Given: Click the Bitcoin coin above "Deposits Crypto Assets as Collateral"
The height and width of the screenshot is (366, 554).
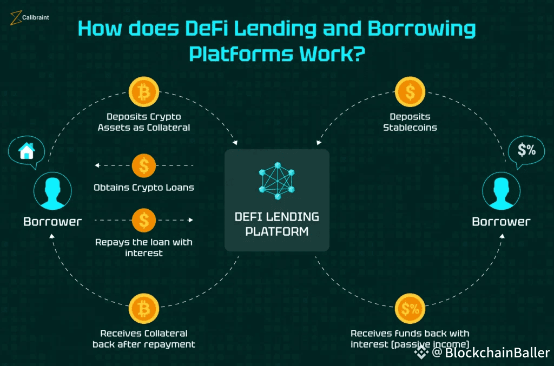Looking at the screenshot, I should (144, 93).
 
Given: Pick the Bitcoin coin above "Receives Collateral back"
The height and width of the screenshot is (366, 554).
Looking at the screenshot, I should (144, 309).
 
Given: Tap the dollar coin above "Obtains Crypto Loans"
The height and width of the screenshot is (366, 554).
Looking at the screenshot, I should (144, 165).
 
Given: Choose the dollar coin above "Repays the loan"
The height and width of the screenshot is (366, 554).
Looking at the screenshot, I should (144, 220).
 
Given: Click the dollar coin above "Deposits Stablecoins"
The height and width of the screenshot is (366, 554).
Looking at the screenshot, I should (410, 93).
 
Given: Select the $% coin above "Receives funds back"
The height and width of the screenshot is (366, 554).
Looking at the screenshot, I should (410, 309).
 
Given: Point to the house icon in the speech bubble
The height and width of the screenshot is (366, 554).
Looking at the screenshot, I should (26, 152).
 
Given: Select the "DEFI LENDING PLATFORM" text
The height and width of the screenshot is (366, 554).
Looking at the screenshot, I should (276, 224).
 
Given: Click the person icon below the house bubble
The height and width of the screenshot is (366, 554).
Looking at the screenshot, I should (52, 192).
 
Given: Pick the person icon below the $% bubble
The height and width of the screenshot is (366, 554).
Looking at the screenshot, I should (501, 192).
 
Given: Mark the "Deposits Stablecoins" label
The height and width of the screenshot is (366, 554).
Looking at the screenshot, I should (410, 122).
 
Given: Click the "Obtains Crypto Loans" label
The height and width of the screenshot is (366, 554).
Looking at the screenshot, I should (144, 188).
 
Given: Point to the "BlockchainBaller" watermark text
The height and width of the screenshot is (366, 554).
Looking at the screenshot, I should (497, 353).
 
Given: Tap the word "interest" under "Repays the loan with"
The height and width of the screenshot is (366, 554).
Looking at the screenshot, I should (144, 253).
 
